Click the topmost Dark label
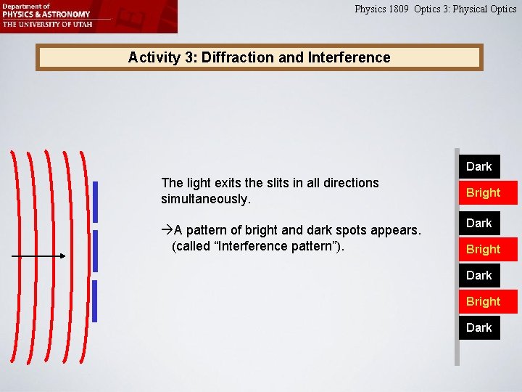tap(478, 166)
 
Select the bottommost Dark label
tap(478, 327)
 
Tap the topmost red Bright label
tap(483, 192)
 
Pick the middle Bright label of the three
tap(483, 249)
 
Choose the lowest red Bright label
tap(483, 301)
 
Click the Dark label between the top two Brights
tap(478, 223)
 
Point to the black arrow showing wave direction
tap(40, 256)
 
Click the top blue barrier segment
tap(94, 201)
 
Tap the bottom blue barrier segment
tap(94, 301)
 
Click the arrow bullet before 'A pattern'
tap(166, 231)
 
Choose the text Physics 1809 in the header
tap(381, 9)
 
